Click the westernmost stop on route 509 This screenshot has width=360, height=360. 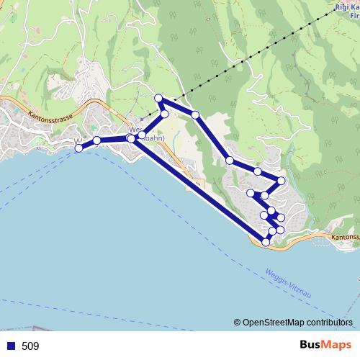pyautogui.click(x=79, y=148)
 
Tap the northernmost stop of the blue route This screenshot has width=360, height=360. pyautogui.click(x=158, y=98)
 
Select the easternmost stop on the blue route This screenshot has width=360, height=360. pyautogui.click(x=282, y=180)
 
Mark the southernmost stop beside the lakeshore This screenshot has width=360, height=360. pyautogui.click(x=266, y=243)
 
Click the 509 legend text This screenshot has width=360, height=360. pyautogui.click(x=30, y=346)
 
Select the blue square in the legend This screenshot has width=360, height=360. pyautogui.click(x=11, y=346)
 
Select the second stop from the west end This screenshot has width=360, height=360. pyautogui.click(x=96, y=140)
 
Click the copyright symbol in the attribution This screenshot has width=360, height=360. pyautogui.click(x=238, y=323)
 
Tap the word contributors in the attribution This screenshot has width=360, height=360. pyautogui.click(x=328, y=323)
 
